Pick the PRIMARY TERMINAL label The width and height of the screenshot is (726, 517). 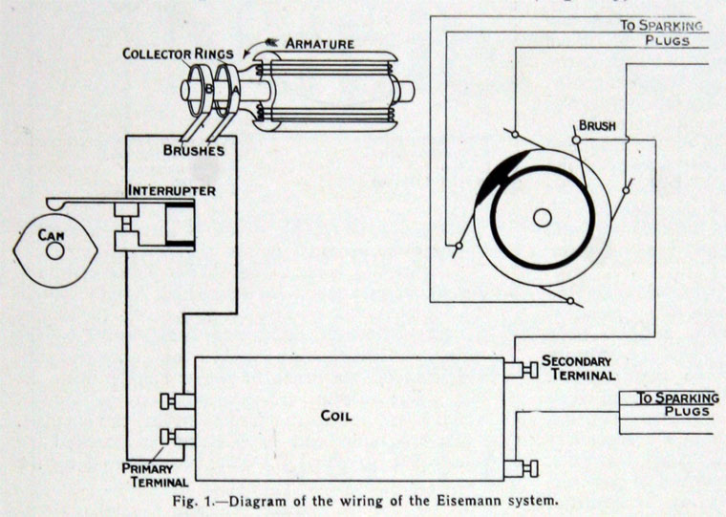(x=145, y=475)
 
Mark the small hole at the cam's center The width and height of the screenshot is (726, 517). (x=55, y=250)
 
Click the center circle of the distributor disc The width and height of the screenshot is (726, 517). (x=542, y=218)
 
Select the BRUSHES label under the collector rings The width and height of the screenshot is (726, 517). (x=193, y=150)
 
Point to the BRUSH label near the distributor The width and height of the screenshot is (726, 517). (x=597, y=125)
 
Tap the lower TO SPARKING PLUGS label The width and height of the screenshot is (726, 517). (x=673, y=404)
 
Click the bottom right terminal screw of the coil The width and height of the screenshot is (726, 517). (x=520, y=468)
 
